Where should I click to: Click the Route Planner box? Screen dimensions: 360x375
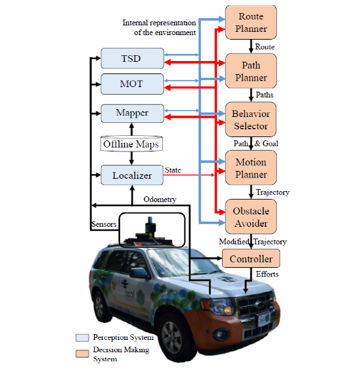(x=251, y=22)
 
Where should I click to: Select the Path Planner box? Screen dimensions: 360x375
(x=251, y=71)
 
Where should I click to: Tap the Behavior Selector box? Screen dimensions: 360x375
(x=251, y=120)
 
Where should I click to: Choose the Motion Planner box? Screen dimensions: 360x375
(x=251, y=168)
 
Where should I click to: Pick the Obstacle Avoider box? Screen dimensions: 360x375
(x=251, y=216)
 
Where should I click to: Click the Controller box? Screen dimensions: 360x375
(x=251, y=258)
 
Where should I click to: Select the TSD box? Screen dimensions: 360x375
(x=133, y=58)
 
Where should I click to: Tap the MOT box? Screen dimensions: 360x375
(x=133, y=84)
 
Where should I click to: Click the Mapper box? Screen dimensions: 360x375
(x=133, y=113)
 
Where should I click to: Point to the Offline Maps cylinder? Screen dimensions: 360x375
(x=131, y=144)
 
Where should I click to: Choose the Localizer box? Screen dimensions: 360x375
(x=132, y=175)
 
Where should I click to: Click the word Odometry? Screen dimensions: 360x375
(x=160, y=200)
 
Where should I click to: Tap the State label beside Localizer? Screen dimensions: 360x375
(x=173, y=170)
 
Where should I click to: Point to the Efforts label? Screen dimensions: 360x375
(x=267, y=274)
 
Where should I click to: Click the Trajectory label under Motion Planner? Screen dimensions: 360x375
(x=273, y=192)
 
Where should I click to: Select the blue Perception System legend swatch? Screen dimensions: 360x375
(x=83, y=337)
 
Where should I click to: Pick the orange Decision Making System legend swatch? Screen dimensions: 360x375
(x=83, y=354)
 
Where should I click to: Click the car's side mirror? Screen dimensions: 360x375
(x=139, y=273)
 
